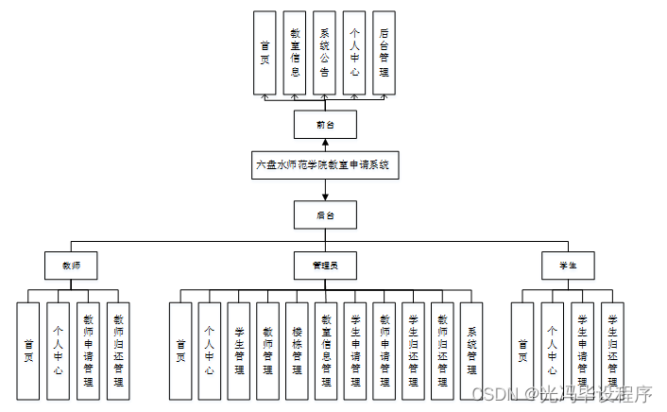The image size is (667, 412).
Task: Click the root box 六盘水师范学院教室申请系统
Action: (325, 164)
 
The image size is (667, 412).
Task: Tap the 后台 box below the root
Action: (325, 215)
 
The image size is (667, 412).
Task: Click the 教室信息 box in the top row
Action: (296, 52)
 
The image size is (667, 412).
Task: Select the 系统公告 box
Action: (324, 52)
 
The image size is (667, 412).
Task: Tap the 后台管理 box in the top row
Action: (383, 52)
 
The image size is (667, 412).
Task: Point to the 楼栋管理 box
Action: (297, 351)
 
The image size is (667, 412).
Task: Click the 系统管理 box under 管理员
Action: (470, 351)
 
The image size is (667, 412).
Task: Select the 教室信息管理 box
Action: (326, 351)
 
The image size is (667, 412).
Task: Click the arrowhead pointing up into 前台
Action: (325, 142)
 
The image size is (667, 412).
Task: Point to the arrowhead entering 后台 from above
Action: (325, 197)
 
